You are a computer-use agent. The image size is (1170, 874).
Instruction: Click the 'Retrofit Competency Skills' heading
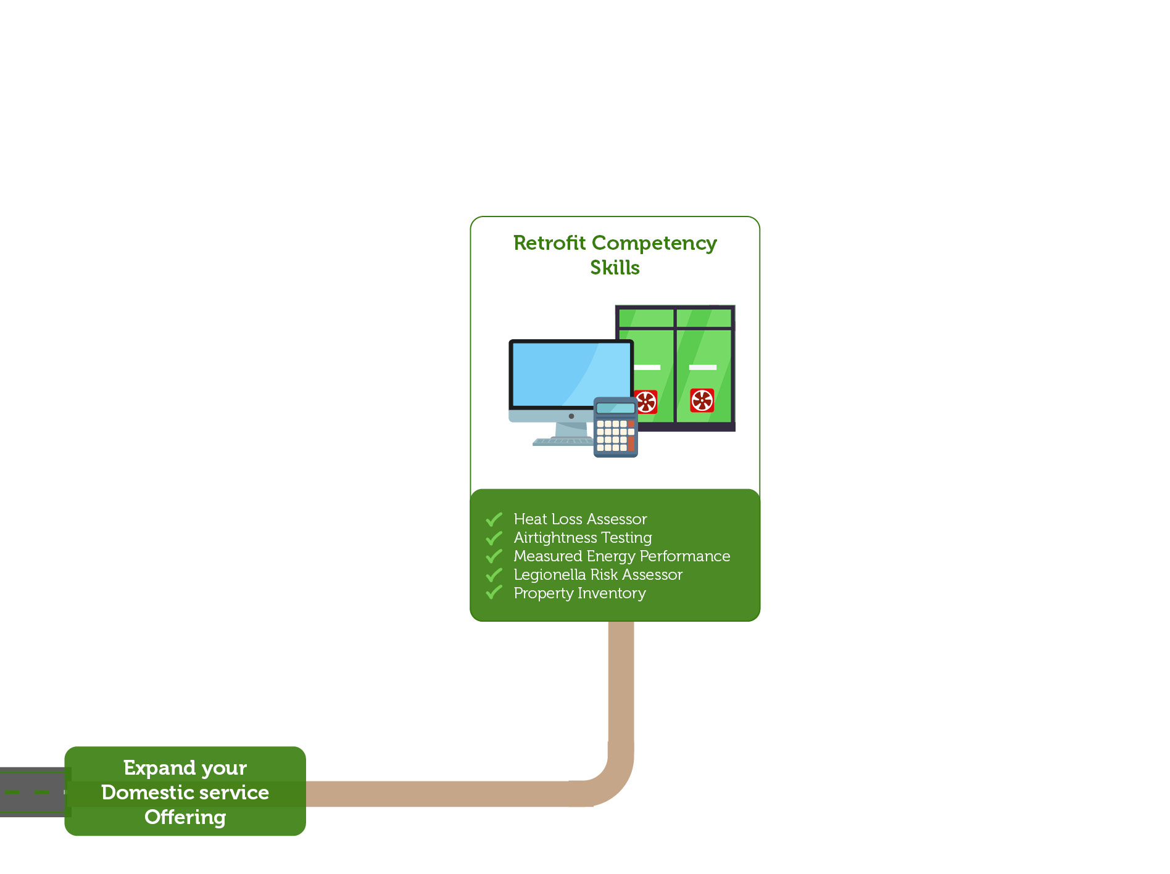pos(615,255)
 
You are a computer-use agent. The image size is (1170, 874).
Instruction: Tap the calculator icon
pos(615,427)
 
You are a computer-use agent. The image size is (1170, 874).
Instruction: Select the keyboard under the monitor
pos(563,442)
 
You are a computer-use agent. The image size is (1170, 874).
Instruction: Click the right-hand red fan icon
pos(702,400)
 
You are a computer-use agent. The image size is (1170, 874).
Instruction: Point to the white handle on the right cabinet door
pos(702,368)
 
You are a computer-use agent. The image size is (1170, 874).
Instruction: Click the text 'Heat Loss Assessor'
pos(580,519)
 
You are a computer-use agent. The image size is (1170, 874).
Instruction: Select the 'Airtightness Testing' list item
pos(583,538)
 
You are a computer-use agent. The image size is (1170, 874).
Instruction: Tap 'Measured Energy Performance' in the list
pos(621,556)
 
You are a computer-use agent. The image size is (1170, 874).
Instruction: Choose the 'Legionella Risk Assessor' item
pos(598,575)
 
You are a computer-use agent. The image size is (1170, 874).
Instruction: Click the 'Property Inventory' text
pos(579,593)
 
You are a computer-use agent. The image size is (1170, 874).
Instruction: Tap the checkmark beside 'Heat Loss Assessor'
pos(494,519)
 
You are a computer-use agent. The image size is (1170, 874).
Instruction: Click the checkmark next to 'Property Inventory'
pos(494,593)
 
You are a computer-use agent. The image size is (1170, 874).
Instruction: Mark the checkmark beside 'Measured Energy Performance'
pos(494,556)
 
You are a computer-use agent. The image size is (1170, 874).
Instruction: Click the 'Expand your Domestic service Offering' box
pos(185,791)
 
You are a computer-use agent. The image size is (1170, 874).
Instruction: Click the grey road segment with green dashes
pos(31,792)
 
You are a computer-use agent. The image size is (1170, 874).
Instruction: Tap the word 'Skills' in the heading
pos(615,268)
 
